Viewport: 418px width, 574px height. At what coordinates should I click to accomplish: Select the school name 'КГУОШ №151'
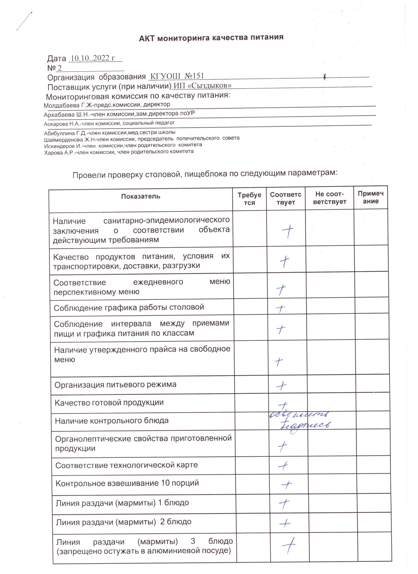tap(177, 76)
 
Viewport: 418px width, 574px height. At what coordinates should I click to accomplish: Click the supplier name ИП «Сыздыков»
tap(202, 86)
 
